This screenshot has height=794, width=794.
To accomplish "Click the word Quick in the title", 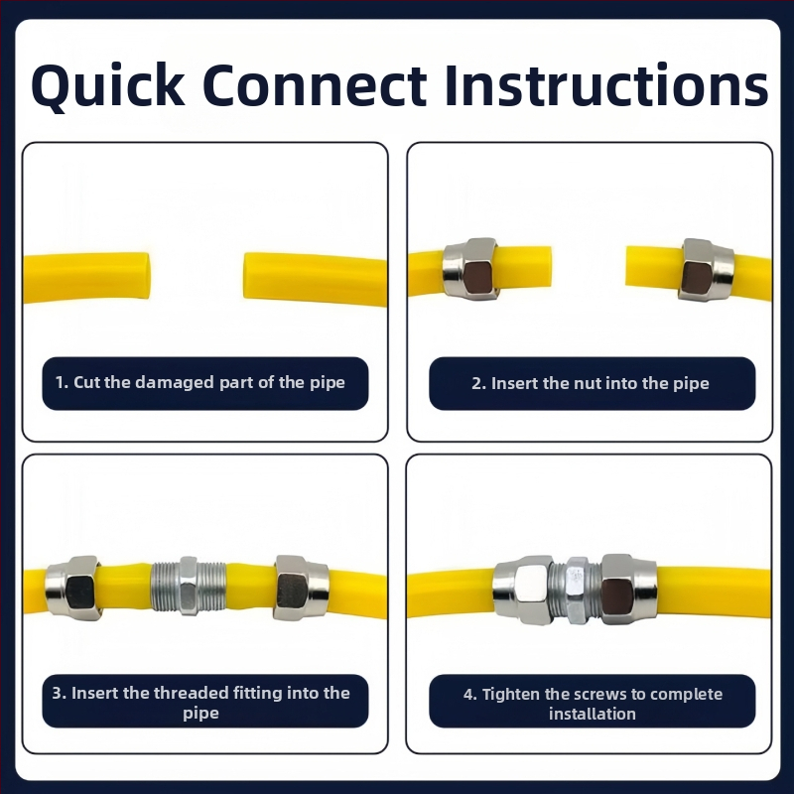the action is [108, 85].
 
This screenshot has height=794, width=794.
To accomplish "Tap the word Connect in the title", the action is [315, 85].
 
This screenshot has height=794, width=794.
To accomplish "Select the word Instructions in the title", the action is [606, 84].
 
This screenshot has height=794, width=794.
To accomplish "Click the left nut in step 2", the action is [470, 269].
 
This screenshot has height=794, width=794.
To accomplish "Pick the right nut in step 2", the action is [707, 269].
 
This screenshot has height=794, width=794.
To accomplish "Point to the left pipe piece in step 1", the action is [86, 277].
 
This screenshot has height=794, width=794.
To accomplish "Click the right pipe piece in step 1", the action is [316, 280].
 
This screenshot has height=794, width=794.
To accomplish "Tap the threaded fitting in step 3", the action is [188, 586].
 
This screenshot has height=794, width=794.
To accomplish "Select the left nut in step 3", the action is [72, 588].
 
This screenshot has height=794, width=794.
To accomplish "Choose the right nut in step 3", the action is [302, 588].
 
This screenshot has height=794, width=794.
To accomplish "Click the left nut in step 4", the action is [523, 590].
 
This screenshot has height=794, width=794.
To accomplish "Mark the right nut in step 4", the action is [628, 589].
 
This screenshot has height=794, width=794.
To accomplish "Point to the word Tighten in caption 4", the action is [511, 694].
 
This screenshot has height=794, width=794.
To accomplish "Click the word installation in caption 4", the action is [592, 714].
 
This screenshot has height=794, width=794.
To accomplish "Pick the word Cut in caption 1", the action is [86, 382].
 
